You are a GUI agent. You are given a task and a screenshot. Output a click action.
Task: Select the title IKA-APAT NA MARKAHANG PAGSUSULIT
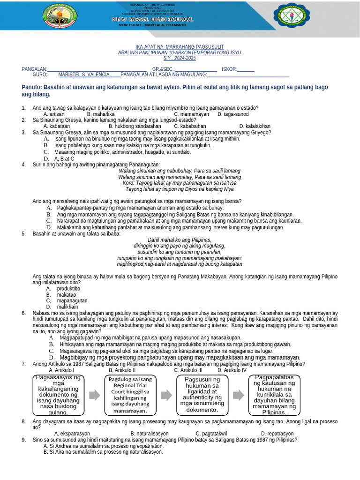tap(180, 47)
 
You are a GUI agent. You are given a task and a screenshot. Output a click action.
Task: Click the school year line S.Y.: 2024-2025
tap(180, 58)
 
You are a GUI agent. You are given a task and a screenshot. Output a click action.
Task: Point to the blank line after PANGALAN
tap(97, 69)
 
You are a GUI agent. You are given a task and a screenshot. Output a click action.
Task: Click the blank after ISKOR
tap(246, 69)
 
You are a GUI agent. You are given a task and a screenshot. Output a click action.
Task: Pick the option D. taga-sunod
tap(233, 114)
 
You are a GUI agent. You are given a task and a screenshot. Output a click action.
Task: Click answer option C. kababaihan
tap(190, 126)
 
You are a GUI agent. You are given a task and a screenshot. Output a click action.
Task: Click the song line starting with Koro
tap(180, 183)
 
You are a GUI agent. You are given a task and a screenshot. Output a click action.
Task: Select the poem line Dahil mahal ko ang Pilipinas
tap(180, 240)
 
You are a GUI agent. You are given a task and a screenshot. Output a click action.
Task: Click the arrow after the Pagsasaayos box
tap(95, 395)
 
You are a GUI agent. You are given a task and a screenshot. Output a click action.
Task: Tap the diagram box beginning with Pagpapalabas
tap(274, 395)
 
